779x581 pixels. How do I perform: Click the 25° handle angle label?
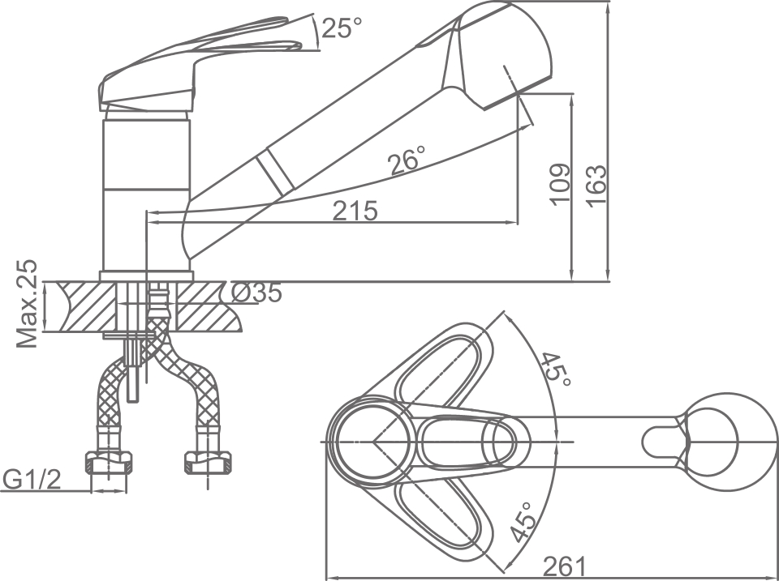(x=341, y=28)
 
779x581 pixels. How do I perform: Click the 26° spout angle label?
(x=407, y=161)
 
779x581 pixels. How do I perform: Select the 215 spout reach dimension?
(x=355, y=211)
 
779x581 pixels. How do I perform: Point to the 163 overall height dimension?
(x=596, y=186)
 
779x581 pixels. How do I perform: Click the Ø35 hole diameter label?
(x=256, y=293)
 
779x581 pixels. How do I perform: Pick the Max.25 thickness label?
(x=28, y=304)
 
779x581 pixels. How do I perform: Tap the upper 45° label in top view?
(x=556, y=370)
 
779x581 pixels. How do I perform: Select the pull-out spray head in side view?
(x=487, y=53)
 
